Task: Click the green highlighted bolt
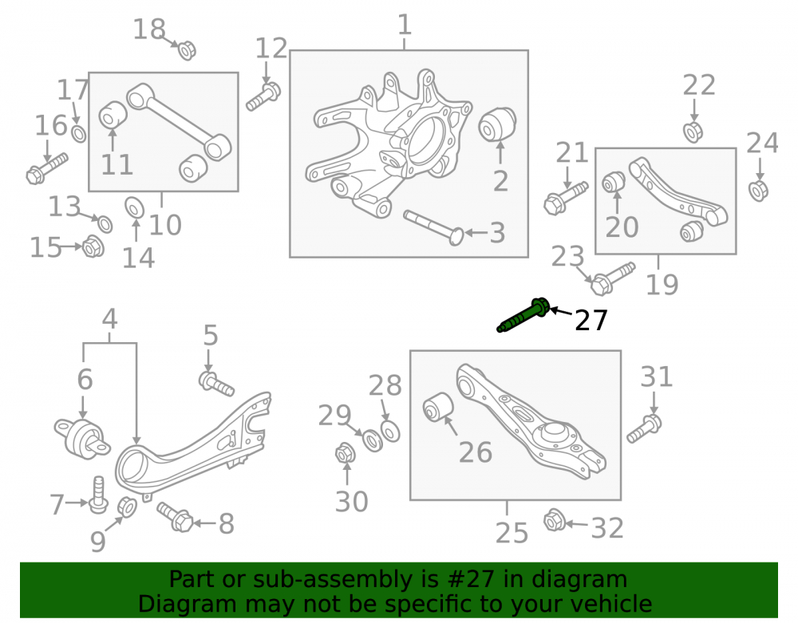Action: click(523, 315)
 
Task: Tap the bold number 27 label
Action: click(591, 321)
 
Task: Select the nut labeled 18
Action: click(187, 49)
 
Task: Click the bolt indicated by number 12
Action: click(263, 97)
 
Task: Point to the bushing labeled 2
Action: click(498, 124)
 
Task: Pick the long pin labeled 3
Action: click(433, 228)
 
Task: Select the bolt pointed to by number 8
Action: click(175, 517)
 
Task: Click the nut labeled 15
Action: click(93, 246)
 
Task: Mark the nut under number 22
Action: click(693, 132)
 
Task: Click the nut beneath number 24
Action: click(758, 191)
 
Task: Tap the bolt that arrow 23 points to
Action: click(613, 278)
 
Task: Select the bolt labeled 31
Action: click(644, 428)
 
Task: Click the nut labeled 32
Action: click(553, 521)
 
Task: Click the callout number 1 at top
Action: click(404, 25)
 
